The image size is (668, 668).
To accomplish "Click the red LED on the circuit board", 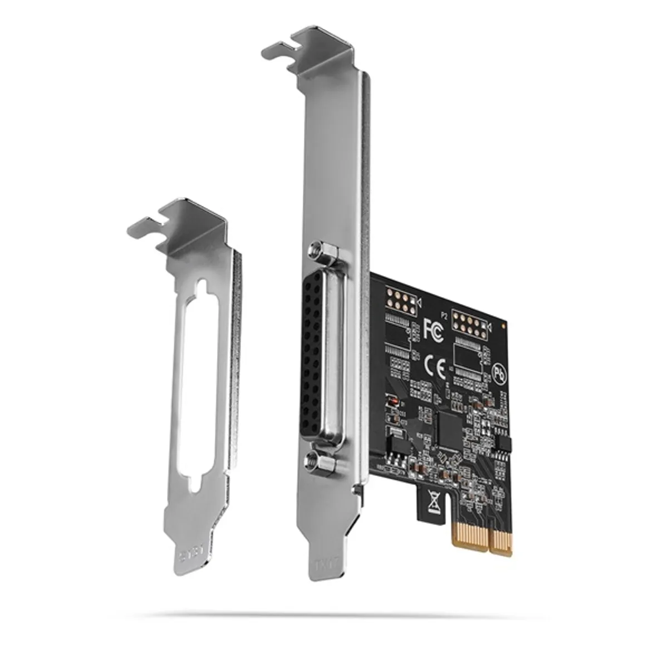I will point(392,401).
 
